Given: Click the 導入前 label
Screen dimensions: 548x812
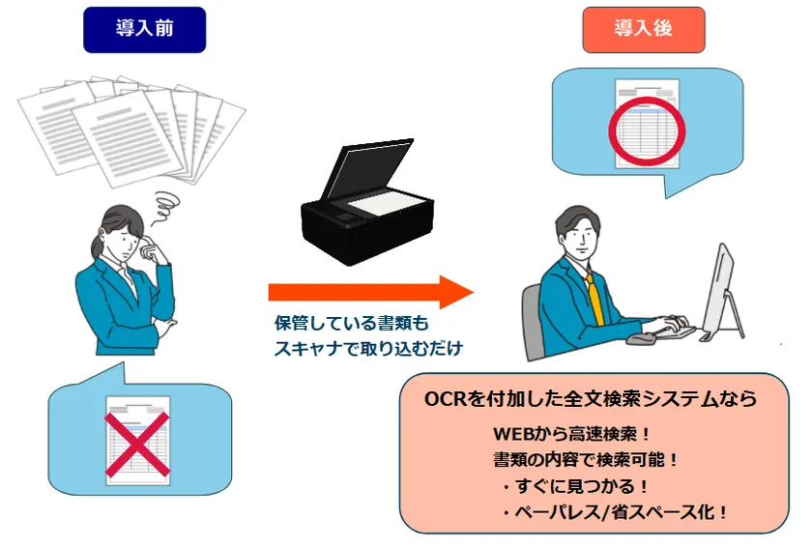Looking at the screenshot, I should [x=144, y=29].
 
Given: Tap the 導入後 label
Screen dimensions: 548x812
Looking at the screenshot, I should [x=643, y=29].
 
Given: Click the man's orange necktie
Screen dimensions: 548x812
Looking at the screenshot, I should [x=594, y=299].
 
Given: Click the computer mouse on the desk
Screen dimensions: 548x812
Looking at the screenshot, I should [x=639, y=339].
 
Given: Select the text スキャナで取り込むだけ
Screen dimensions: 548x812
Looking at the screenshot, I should [x=369, y=347].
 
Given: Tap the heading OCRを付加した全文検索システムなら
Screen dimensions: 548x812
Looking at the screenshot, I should [x=591, y=398].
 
